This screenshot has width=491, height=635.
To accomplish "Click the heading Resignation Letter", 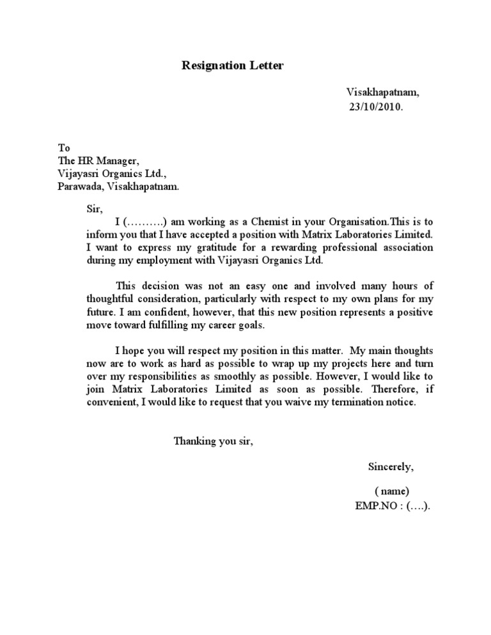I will [x=233, y=65].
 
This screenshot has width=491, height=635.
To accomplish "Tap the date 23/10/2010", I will [x=376, y=107].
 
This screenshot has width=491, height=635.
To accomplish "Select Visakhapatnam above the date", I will [x=383, y=93].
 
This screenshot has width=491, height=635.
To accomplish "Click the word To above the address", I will [x=64, y=148].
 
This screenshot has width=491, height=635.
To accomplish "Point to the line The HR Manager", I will [x=98, y=160].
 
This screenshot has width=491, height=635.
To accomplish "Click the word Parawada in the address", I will [x=79, y=187].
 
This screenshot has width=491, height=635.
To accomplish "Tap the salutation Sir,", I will [x=94, y=208].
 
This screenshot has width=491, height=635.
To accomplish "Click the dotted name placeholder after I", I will [x=145, y=222].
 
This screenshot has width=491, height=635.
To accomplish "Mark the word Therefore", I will [x=393, y=390].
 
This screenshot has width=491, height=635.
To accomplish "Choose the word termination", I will [x=355, y=402].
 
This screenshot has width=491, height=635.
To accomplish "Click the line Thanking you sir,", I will [x=214, y=441].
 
